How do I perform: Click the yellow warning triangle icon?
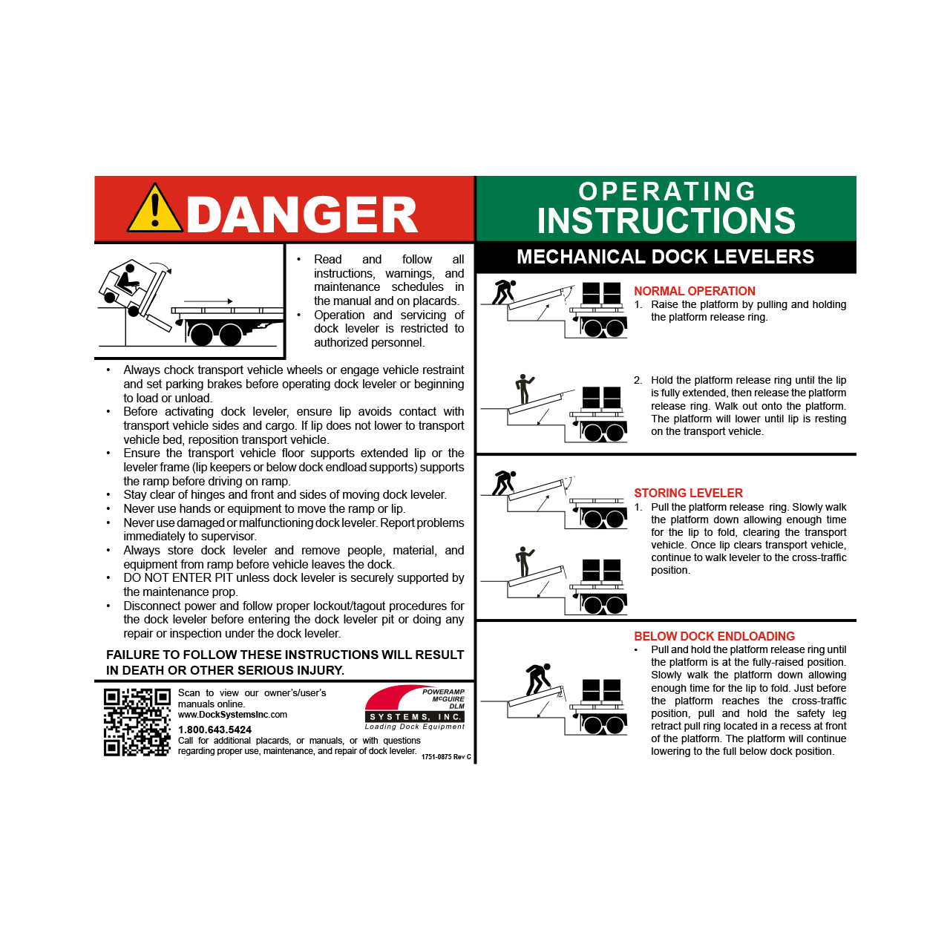coord(154,209)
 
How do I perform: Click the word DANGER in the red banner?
coord(301,215)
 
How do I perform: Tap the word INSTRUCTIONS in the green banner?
coord(666,221)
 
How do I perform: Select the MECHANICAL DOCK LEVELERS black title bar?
coord(665,257)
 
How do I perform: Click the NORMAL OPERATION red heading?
coord(694,291)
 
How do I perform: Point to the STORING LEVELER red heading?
coord(688,493)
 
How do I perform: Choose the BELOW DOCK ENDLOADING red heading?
coord(714,636)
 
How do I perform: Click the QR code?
coord(137,722)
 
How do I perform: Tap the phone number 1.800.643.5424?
coord(214,730)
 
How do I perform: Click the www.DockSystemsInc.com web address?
coord(232,715)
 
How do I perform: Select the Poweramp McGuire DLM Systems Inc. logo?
coord(415,708)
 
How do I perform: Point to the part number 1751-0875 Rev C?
coord(446,756)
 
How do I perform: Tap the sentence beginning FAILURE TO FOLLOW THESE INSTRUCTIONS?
coord(285,662)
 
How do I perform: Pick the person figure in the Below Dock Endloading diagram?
coord(538,678)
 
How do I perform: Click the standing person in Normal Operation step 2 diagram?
coord(524,388)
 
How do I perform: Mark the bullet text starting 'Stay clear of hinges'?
coord(285,494)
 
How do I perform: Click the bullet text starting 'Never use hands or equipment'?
coord(264,508)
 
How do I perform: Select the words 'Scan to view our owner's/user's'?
coord(252,692)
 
